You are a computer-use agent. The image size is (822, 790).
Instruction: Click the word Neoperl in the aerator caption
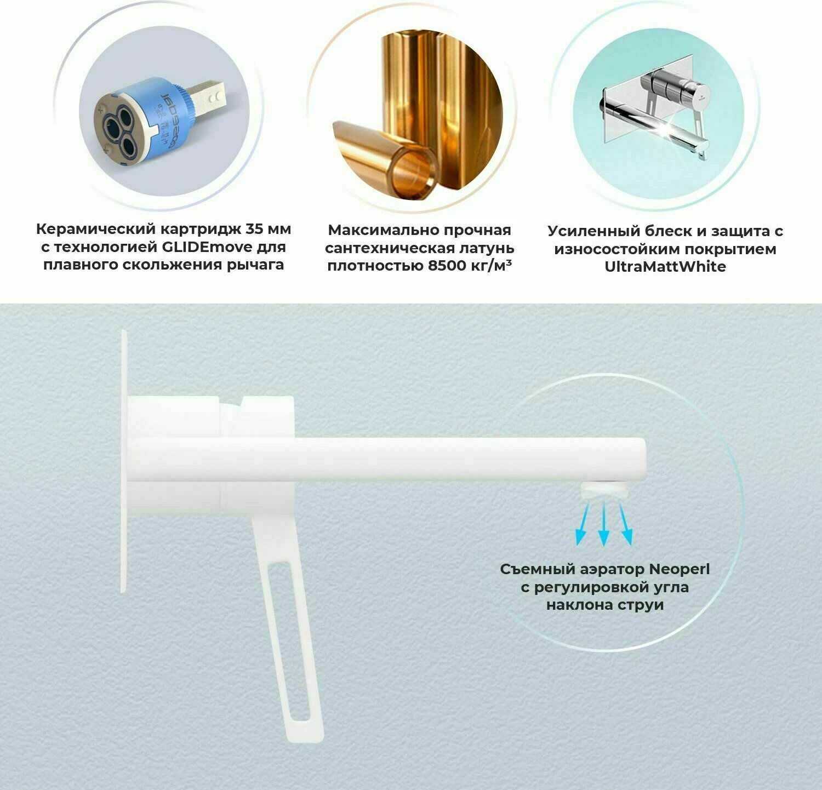679,569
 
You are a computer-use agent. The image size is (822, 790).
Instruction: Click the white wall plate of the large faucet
124,548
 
